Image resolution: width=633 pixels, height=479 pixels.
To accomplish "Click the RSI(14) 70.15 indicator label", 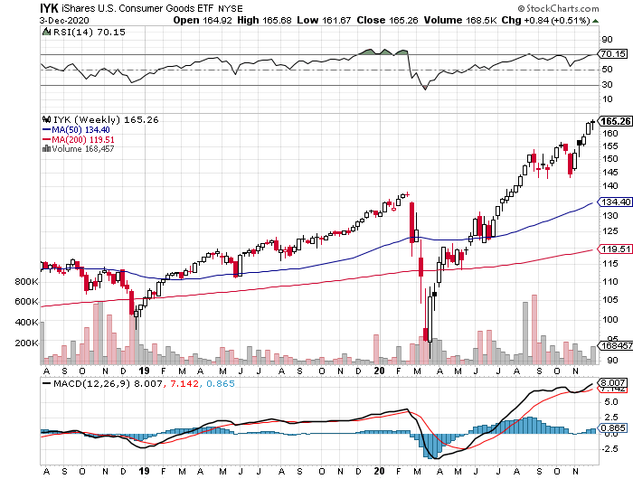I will point(76,33).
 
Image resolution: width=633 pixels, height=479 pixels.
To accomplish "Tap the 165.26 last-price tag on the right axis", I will point(615,121).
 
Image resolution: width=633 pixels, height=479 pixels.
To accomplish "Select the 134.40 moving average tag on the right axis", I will point(615,202).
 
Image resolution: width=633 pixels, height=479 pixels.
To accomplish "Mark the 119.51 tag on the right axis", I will point(615,249).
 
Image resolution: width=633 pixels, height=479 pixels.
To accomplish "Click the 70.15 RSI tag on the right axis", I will point(615,54).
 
